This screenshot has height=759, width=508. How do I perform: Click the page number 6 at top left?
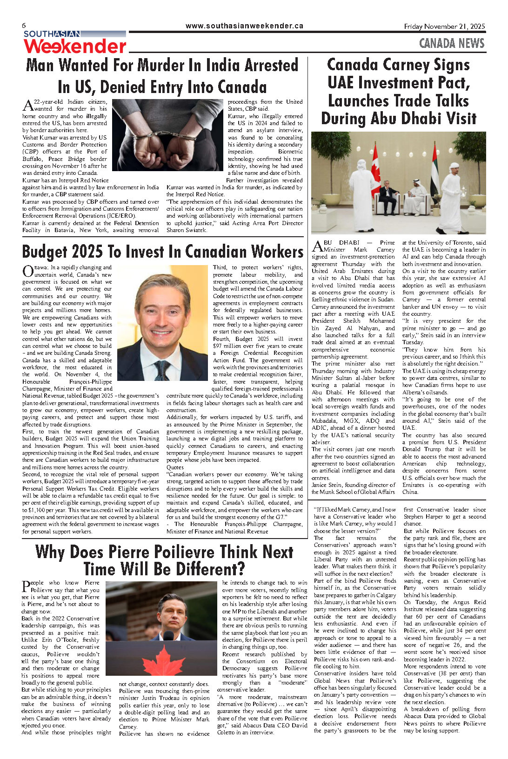pyautogui.click(x=24, y=26)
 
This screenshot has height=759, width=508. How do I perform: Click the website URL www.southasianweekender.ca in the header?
pyautogui.click(x=244, y=26)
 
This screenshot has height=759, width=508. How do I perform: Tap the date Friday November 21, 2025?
pyautogui.click(x=444, y=27)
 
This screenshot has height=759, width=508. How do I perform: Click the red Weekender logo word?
pyautogui.click(x=75, y=47)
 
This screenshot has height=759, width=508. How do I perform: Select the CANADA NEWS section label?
pyautogui.click(x=451, y=44)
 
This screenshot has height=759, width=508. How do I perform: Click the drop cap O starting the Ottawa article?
pyautogui.click(x=27, y=271)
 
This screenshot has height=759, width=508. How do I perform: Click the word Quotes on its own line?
pyautogui.click(x=175, y=467)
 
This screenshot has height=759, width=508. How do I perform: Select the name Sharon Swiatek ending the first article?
pyautogui.click(x=187, y=230)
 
